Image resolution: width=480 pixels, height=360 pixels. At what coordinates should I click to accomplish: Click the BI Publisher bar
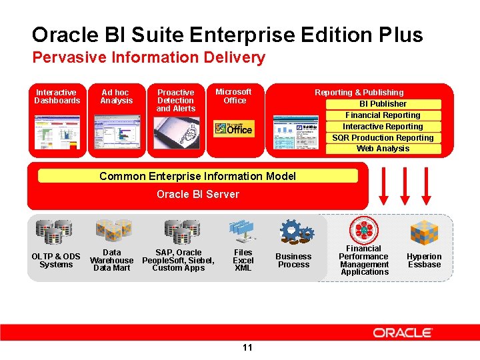point(383,104)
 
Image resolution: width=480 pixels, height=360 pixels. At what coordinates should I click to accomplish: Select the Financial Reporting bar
point(383,115)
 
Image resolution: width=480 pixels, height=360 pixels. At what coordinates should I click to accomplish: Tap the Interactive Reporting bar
point(383,127)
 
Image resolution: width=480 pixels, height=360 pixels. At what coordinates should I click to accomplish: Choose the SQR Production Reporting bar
point(383,138)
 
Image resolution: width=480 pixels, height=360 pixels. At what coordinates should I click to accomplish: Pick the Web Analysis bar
point(383,149)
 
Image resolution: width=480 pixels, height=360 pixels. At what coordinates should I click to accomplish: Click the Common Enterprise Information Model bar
point(197,176)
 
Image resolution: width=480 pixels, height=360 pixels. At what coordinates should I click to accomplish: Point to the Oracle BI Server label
point(197,195)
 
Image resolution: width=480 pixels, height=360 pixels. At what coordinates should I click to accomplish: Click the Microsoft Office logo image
point(233,129)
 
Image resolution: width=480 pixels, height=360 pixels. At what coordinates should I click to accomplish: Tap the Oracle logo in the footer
point(403,333)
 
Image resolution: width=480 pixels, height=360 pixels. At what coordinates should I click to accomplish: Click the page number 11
point(247,347)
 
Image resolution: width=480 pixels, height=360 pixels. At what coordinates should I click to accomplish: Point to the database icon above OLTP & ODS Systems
point(55,231)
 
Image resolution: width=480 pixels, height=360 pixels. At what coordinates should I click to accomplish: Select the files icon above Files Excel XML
point(241,231)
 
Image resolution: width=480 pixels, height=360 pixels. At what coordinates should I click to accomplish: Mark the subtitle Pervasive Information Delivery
point(149,58)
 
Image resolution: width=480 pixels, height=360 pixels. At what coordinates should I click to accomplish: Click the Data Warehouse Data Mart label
point(112,260)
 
